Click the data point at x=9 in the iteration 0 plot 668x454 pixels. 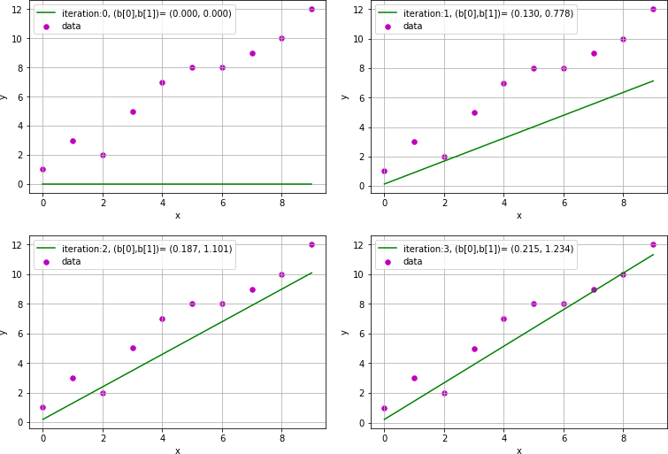click(x=311, y=9)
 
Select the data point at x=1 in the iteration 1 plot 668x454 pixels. click(x=414, y=142)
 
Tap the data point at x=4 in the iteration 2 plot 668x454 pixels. click(x=162, y=319)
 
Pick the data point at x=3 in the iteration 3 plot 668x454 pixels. click(x=474, y=349)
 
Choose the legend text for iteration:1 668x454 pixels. click(x=488, y=14)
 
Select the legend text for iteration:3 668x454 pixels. click(x=488, y=250)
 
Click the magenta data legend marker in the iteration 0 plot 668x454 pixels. click(x=46, y=27)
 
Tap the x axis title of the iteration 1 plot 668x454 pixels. click(x=518, y=216)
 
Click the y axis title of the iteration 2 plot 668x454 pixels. click(x=4, y=332)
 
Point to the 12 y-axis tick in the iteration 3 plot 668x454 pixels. click(x=364, y=244)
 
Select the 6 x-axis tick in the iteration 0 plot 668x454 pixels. click(x=222, y=203)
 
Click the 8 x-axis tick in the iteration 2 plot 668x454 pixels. click(x=281, y=438)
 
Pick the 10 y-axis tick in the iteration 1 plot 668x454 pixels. click(x=364, y=39)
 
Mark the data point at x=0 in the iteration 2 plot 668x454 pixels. click(x=42, y=407)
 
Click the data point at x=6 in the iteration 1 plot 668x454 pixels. click(x=564, y=68)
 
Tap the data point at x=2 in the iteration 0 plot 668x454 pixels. click(x=103, y=155)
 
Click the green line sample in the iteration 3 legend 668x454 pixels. click(x=388, y=250)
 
